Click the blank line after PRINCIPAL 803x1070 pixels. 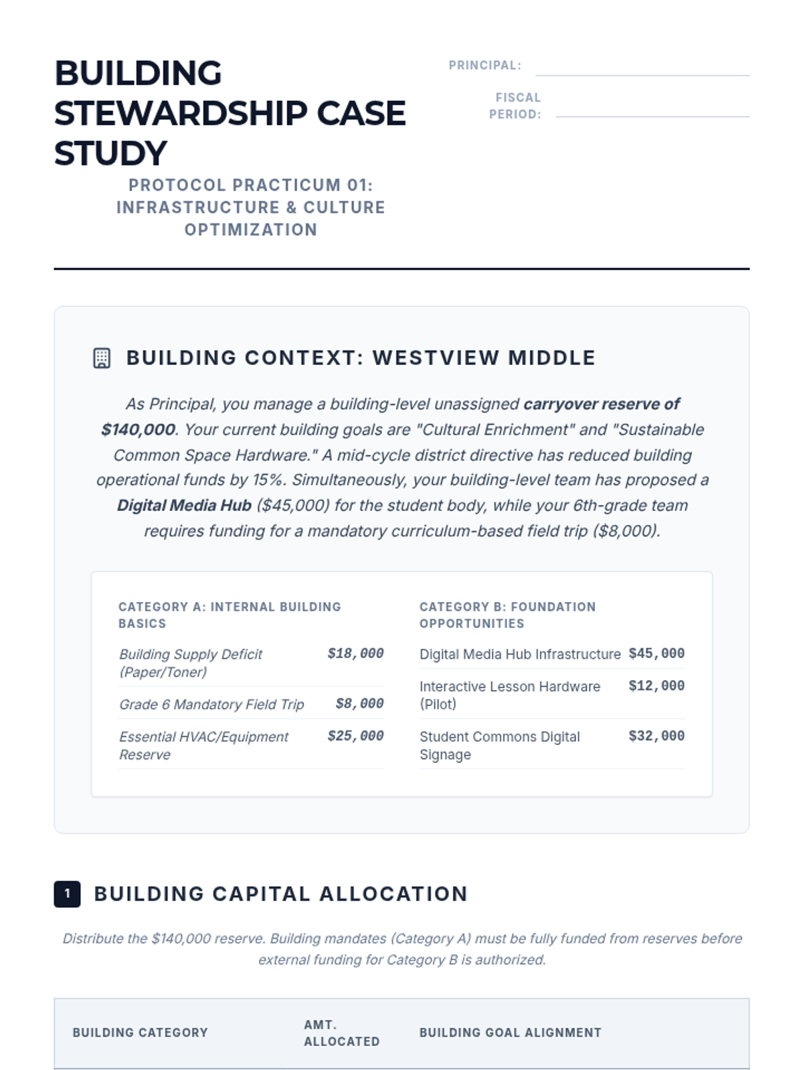[642, 70]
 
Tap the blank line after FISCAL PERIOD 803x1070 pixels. [652, 111]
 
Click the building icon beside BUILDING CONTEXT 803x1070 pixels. [102, 358]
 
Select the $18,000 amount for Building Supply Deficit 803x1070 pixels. [355, 653]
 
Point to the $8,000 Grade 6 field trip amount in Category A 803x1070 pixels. [359, 704]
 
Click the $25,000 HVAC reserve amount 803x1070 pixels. [355, 736]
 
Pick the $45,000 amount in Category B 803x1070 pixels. [656, 653]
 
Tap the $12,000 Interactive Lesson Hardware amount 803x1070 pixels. [656, 685]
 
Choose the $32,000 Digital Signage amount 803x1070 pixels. [656, 736]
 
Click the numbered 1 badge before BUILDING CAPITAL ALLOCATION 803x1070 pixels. [67, 893]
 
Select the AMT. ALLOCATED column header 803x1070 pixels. [341, 1033]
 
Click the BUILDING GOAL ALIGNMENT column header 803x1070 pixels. [510, 1033]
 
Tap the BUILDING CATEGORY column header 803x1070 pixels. [140, 1033]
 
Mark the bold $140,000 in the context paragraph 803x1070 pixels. [138, 429]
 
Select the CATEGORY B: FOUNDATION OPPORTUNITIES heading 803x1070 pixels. [507, 615]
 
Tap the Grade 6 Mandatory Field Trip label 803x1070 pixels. [211, 704]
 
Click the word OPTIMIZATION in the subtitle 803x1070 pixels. [251, 229]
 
